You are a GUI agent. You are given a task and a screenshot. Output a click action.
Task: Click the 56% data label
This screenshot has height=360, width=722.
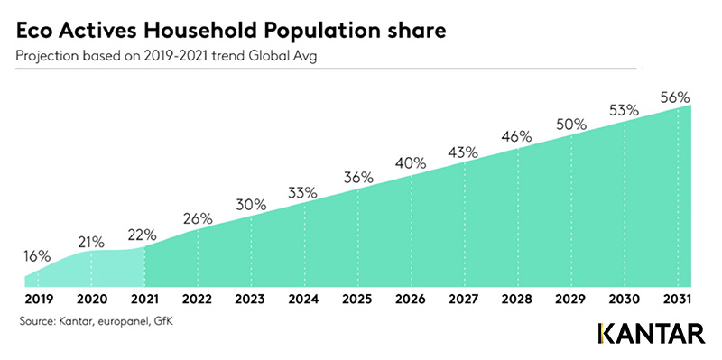coord(674,97)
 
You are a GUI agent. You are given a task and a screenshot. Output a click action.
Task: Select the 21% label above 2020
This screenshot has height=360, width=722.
coord(91,242)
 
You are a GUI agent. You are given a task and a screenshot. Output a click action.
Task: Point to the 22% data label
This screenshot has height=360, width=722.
coord(143,235)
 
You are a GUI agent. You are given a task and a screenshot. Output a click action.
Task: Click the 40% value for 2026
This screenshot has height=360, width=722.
coord(411,163)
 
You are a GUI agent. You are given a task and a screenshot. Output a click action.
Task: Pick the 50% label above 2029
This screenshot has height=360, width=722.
coord(571,125)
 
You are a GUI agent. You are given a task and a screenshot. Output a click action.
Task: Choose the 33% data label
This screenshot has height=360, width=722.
coord(303,192)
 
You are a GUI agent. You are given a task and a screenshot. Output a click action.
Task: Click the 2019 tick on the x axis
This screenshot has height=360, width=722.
coord(38,300)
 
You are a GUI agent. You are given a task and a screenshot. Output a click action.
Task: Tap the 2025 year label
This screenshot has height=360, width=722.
coord(358,300)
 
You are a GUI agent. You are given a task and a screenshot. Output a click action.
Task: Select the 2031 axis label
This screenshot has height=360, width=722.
coord(678,300)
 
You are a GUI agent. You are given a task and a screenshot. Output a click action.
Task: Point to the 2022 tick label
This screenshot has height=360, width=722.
coord(198,300)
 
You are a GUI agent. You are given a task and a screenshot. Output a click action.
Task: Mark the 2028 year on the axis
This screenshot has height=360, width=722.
coord(518,300)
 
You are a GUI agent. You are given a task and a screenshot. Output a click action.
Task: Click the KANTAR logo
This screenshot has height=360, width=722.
coord(652,334)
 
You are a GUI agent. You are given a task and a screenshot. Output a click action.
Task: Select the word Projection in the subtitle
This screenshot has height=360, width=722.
coord(42,57)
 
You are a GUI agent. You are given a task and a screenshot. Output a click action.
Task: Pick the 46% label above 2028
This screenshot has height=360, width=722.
coord(517,136)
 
